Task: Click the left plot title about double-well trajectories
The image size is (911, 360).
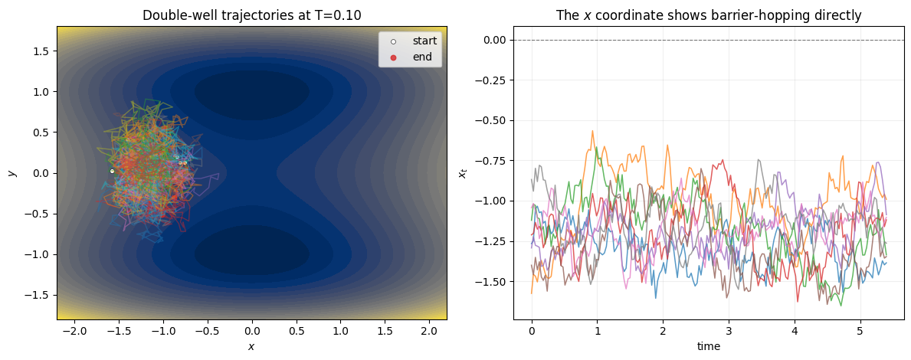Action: coord(252,15)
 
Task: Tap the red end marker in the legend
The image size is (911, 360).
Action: coord(393,57)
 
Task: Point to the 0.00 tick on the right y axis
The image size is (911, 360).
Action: coord(493,40)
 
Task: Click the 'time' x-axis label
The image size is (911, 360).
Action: coord(709,346)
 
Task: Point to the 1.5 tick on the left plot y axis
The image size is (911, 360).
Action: coord(41,51)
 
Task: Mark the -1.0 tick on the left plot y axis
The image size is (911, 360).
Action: coord(38,254)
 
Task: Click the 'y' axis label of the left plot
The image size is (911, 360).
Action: coord(11,173)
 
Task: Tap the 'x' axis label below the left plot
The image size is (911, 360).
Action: coord(251,346)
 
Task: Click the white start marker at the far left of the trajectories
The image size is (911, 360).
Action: coord(112,171)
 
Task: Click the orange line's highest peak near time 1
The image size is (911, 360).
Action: coord(592,132)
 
